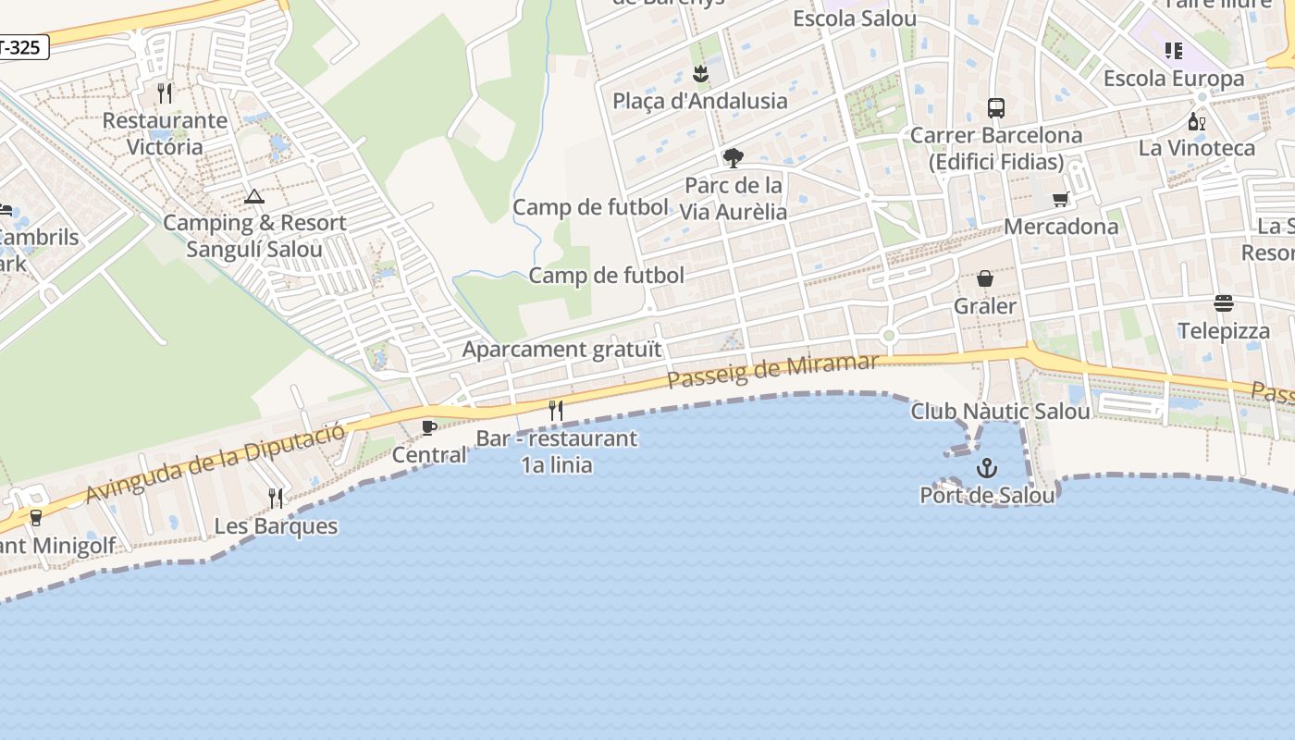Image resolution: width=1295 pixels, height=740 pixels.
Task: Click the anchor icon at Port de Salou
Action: (987, 468)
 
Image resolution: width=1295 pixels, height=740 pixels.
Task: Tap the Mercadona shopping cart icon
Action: (1061, 199)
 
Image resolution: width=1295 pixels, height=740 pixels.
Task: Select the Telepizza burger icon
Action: (1224, 303)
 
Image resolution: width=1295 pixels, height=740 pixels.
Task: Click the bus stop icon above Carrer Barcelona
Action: (995, 108)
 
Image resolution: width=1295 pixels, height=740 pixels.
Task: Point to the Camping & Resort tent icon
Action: (254, 196)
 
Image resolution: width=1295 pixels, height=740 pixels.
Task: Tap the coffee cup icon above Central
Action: (429, 427)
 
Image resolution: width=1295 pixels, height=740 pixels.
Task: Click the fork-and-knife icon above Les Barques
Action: (276, 499)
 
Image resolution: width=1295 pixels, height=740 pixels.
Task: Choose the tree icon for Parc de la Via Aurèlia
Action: (734, 158)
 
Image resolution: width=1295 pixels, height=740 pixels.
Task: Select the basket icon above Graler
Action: (985, 278)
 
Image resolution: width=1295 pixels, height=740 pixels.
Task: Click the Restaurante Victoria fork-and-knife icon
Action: (165, 93)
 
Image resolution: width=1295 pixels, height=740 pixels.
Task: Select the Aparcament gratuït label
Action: (562, 350)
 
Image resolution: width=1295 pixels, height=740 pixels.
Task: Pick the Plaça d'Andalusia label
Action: (700, 101)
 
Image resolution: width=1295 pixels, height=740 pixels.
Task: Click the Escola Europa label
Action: (1174, 79)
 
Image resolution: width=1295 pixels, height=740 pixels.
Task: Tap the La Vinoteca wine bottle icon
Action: (1197, 121)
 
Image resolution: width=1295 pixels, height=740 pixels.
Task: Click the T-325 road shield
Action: (20, 47)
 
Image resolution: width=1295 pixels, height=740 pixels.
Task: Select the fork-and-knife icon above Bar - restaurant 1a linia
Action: (556, 411)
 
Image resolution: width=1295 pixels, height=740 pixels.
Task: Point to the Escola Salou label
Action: (855, 18)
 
